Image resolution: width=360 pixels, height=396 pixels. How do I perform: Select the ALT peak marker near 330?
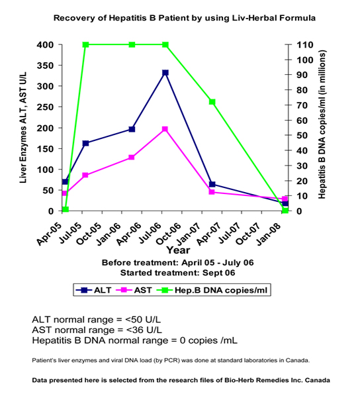165,73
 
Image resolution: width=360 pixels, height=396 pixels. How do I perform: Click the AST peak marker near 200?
165,129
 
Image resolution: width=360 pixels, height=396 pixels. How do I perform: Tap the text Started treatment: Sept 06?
177,272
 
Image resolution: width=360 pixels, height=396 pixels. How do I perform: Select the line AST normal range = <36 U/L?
97,330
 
